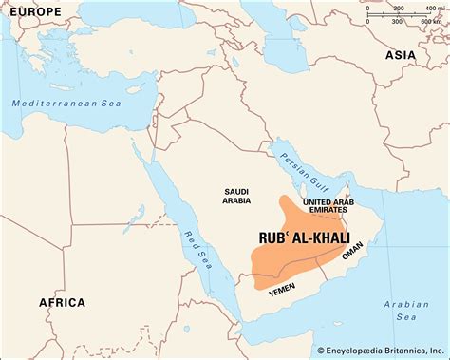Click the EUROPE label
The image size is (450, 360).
pyautogui.click(x=35, y=11)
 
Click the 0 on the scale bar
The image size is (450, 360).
pyautogui.click(x=367, y=9)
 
